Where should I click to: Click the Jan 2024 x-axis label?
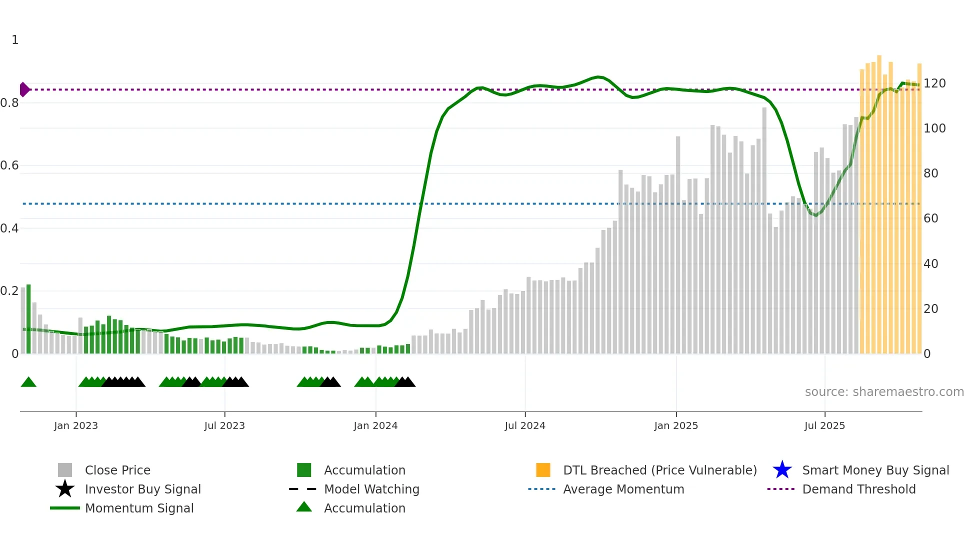coord(375,425)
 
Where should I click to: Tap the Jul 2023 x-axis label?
coord(224,425)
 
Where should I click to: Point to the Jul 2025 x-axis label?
coord(824,425)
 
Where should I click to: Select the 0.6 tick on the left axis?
coord(9,165)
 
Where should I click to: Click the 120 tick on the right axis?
coord(934,83)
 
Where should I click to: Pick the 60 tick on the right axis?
coord(930,218)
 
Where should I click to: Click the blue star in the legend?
coord(782,470)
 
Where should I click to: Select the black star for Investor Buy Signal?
coord(65,489)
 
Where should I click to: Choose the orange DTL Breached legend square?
coord(543,470)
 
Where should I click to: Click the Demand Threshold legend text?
coord(858,489)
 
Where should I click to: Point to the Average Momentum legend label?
coord(623,489)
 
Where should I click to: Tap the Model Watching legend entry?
coord(371,489)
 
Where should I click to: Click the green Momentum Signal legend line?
coord(65,508)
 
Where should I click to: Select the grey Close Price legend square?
coord(65,470)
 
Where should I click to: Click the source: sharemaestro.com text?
coord(884,391)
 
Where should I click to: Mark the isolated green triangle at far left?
coord(28,382)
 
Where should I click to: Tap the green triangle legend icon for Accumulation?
coord(304,507)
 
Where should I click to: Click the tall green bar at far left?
coord(28,320)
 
